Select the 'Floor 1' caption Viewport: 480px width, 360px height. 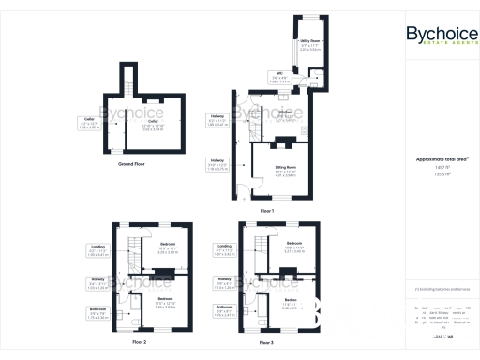point(267,211)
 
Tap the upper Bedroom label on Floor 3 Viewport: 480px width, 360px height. point(292,247)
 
